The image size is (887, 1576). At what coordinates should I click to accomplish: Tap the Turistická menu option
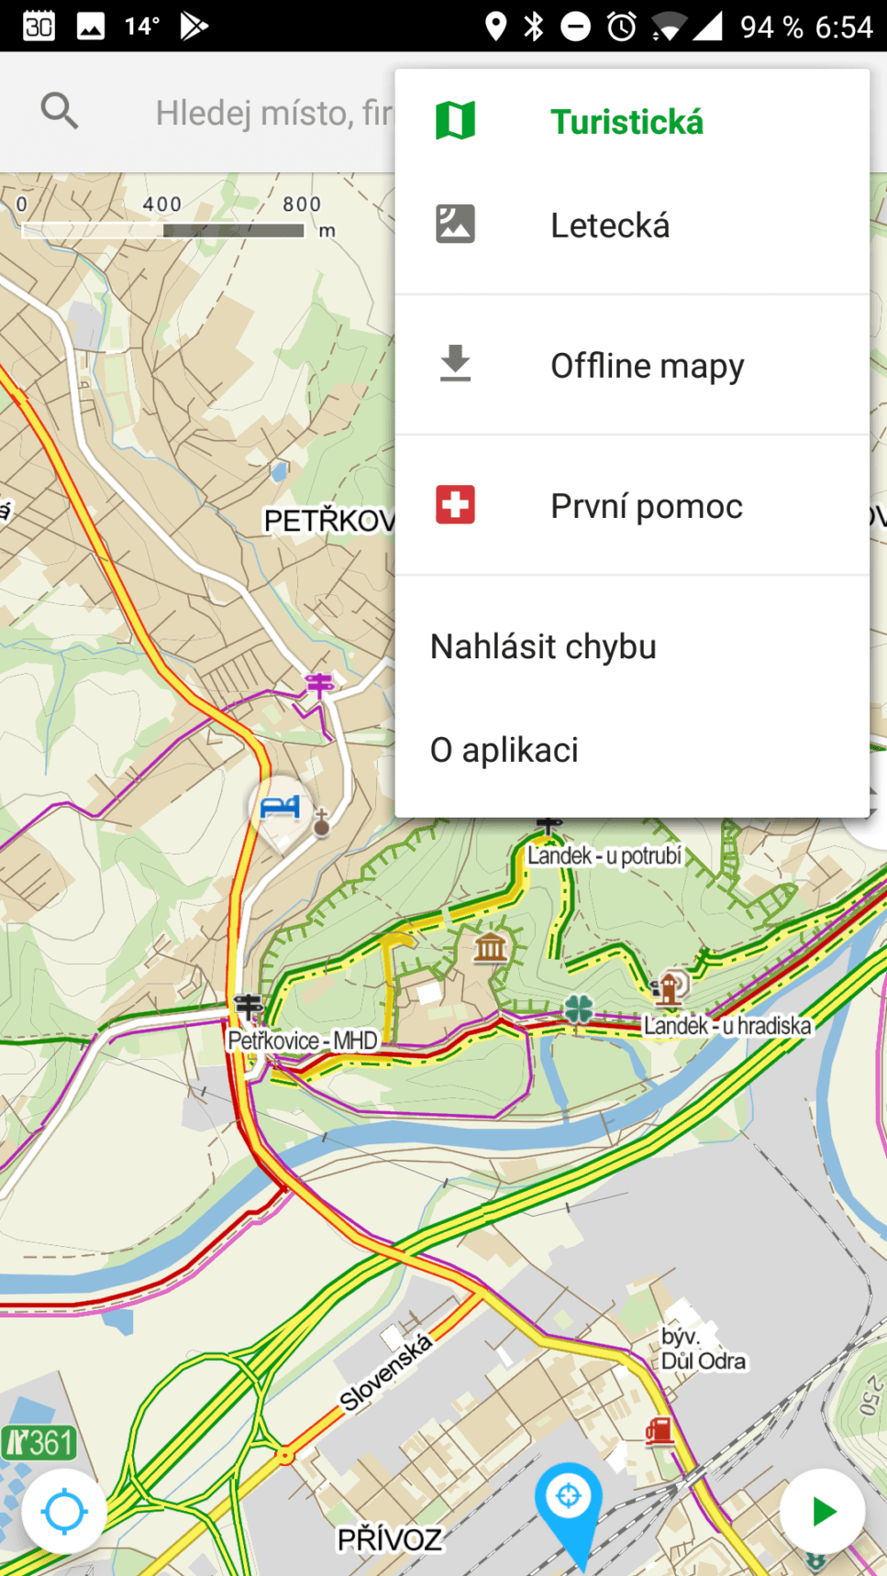click(626, 122)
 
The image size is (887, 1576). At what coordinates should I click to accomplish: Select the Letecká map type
click(610, 226)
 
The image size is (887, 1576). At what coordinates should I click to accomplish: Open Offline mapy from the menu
click(647, 366)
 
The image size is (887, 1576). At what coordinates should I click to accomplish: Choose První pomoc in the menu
click(646, 506)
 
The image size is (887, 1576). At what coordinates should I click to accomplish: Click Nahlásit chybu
click(543, 646)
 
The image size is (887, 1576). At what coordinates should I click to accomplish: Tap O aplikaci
click(504, 750)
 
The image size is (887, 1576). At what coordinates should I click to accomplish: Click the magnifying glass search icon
click(60, 112)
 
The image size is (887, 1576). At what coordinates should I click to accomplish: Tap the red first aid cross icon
click(455, 505)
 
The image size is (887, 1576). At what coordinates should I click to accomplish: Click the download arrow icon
click(455, 364)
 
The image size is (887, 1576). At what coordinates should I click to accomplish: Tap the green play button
click(823, 1511)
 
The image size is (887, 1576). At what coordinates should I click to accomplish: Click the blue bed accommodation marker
click(280, 808)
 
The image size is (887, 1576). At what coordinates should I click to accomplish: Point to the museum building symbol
click(490, 946)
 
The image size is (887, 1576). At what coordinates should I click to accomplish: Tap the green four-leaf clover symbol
click(579, 1008)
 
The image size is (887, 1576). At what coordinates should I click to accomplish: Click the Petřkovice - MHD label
click(303, 1041)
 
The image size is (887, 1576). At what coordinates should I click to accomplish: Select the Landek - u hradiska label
click(727, 1025)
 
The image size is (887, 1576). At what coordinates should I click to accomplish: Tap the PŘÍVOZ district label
click(389, 1539)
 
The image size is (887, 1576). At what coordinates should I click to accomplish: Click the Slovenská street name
click(385, 1372)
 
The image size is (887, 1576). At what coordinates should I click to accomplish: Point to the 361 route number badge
click(39, 1443)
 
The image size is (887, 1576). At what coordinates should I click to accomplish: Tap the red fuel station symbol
click(659, 1430)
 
